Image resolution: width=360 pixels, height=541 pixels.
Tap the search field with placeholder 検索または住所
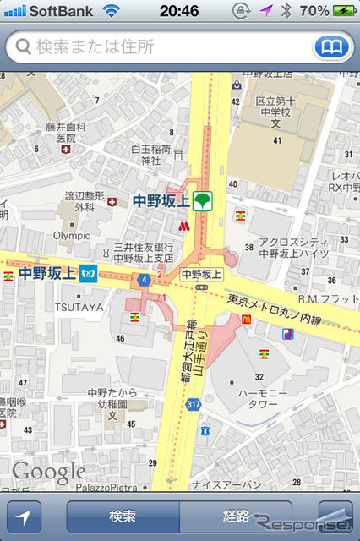click(x=161, y=47)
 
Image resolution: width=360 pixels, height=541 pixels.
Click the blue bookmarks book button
click(x=331, y=47)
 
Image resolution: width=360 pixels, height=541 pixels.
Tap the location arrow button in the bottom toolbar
click(x=24, y=516)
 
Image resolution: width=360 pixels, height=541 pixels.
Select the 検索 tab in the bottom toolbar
click(x=123, y=516)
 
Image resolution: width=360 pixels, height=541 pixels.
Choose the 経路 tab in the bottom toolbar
click(x=236, y=516)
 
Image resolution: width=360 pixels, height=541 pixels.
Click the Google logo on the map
click(x=48, y=472)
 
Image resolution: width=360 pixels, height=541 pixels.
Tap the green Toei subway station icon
click(x=203, y=201)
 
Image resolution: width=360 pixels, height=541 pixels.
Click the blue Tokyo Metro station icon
click(x=89, y=274)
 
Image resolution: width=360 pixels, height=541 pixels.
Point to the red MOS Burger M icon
click(x=184, y=227)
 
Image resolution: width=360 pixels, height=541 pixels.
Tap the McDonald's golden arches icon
click(x=248, y=319)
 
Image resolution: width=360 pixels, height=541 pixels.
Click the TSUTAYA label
click(x=82, y=307)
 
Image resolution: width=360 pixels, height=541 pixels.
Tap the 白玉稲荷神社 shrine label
click(x=151, y=155)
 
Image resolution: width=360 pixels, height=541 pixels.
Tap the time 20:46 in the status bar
click(x=179, y=11)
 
